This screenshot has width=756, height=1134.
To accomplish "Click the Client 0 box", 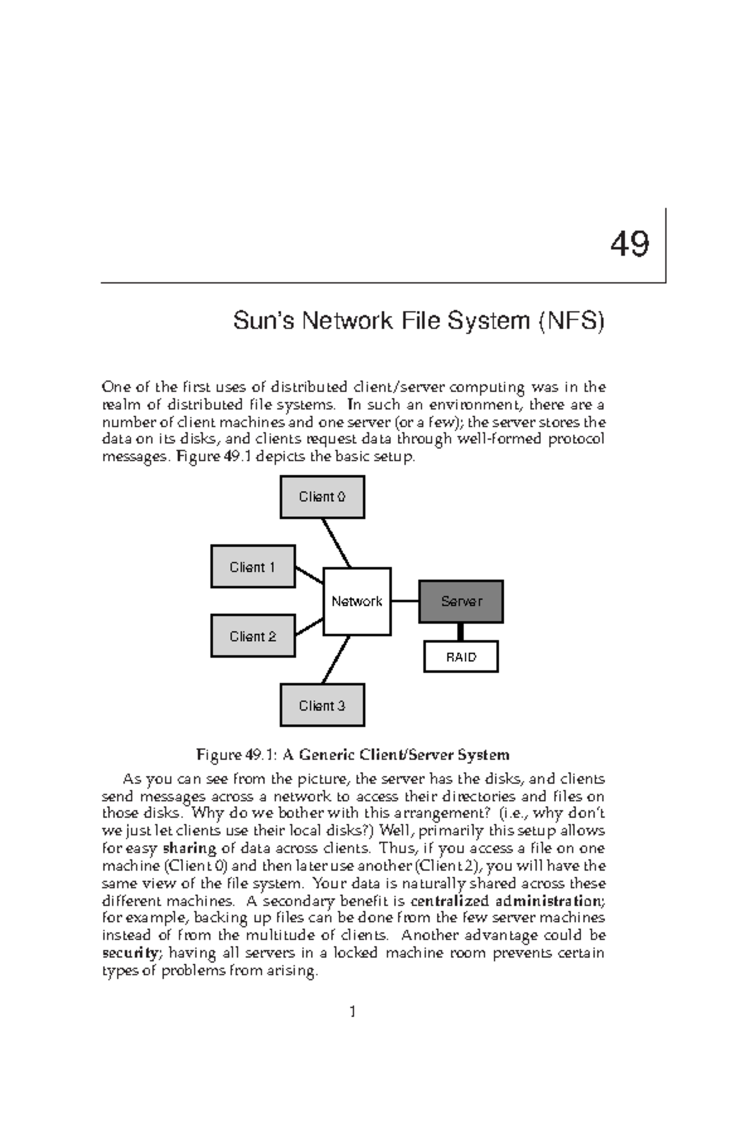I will pos(322,497).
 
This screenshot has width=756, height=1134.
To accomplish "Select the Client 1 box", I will pos(253,567).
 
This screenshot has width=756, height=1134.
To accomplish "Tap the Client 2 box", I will pos(253,636).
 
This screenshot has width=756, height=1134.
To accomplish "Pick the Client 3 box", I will pos(322,706).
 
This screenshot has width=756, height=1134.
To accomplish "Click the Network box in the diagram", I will pos(357,602).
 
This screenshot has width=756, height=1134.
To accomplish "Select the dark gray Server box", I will pos(461,602).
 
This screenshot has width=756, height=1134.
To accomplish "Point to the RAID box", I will pos(461,657).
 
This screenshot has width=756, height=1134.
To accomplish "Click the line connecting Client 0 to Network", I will pos(336,542).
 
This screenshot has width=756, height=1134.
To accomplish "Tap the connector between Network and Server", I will pos(405,601).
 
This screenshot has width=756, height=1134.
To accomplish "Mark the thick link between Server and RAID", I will pos(461,632).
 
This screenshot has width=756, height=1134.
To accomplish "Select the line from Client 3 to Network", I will pos(336,660).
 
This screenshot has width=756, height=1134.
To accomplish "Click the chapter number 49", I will pos(629,244).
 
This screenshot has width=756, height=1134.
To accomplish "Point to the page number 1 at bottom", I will pos(353,1012).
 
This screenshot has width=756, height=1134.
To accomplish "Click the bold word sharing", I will pos(190,848).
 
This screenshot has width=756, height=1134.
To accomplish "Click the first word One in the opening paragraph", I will pos(114,387).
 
